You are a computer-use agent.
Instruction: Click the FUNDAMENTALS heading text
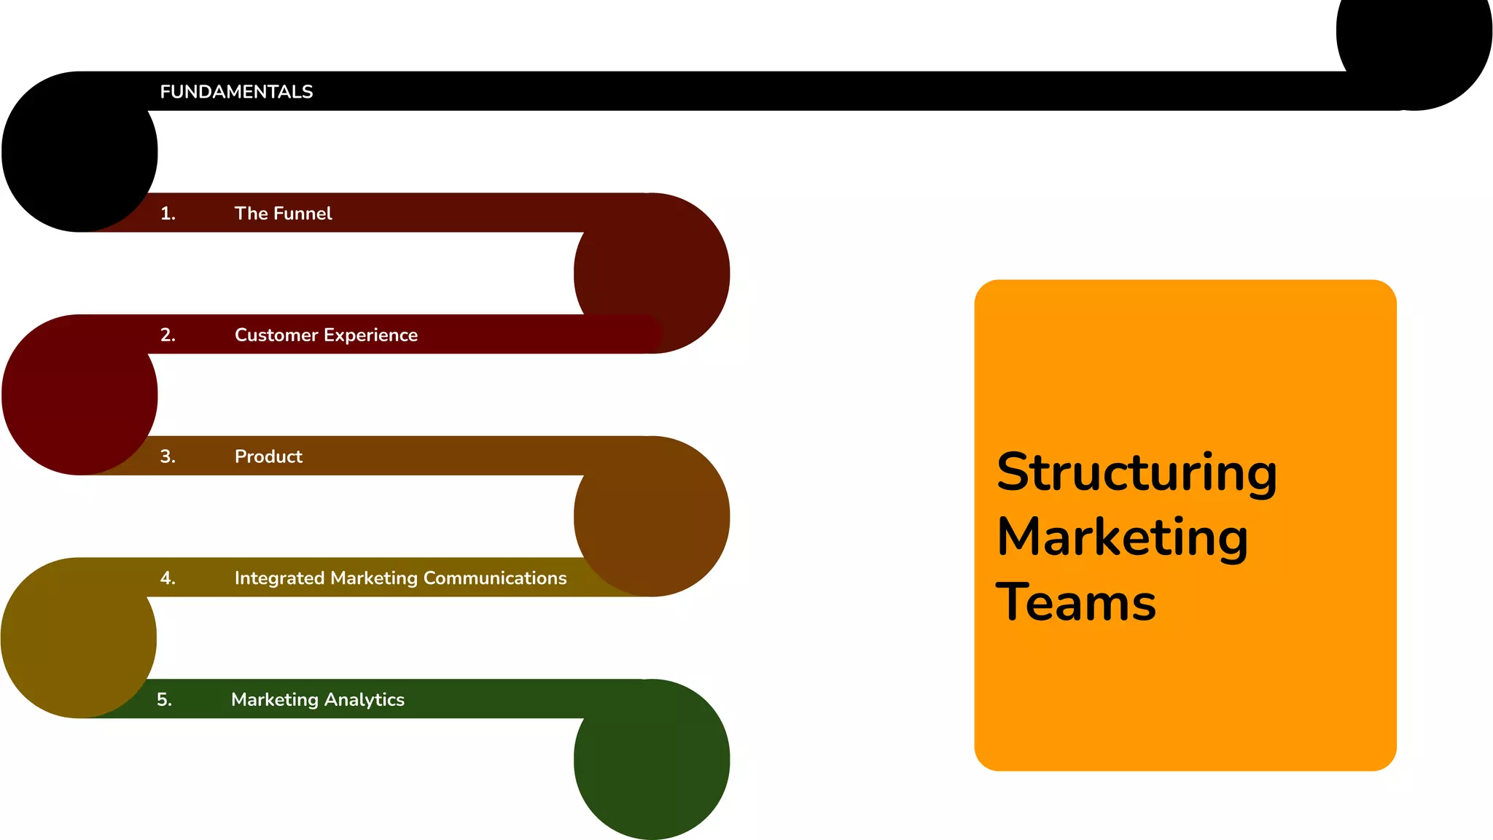[x=236, y=92]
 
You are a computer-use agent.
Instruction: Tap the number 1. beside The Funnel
[x=168, y=214]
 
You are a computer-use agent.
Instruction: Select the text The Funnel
[x=283, y=214]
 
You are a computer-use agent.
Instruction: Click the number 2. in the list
[x=168, y=335]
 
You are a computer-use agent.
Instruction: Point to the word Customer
[x=276, y=335]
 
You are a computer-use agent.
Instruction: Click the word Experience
[x=370, y=335]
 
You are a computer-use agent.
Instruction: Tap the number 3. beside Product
[x=168, y=457]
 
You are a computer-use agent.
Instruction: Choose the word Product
[x=268, y=457]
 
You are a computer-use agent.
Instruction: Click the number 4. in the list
[x=168, y=578]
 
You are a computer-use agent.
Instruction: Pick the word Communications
[x=494, y=578]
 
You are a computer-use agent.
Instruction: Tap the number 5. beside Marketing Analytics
[x=165, y=700]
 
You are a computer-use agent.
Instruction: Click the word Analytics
[x=364, y=700]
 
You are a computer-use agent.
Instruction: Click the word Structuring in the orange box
[x=1137, y=472]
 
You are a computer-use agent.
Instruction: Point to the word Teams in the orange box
[x=1076, y=602]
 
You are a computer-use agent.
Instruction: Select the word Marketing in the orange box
[x=1123, y=537]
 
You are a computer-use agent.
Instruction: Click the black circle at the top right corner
[x=1414, y=44]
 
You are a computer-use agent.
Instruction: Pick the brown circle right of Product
[x=652, y=518]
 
